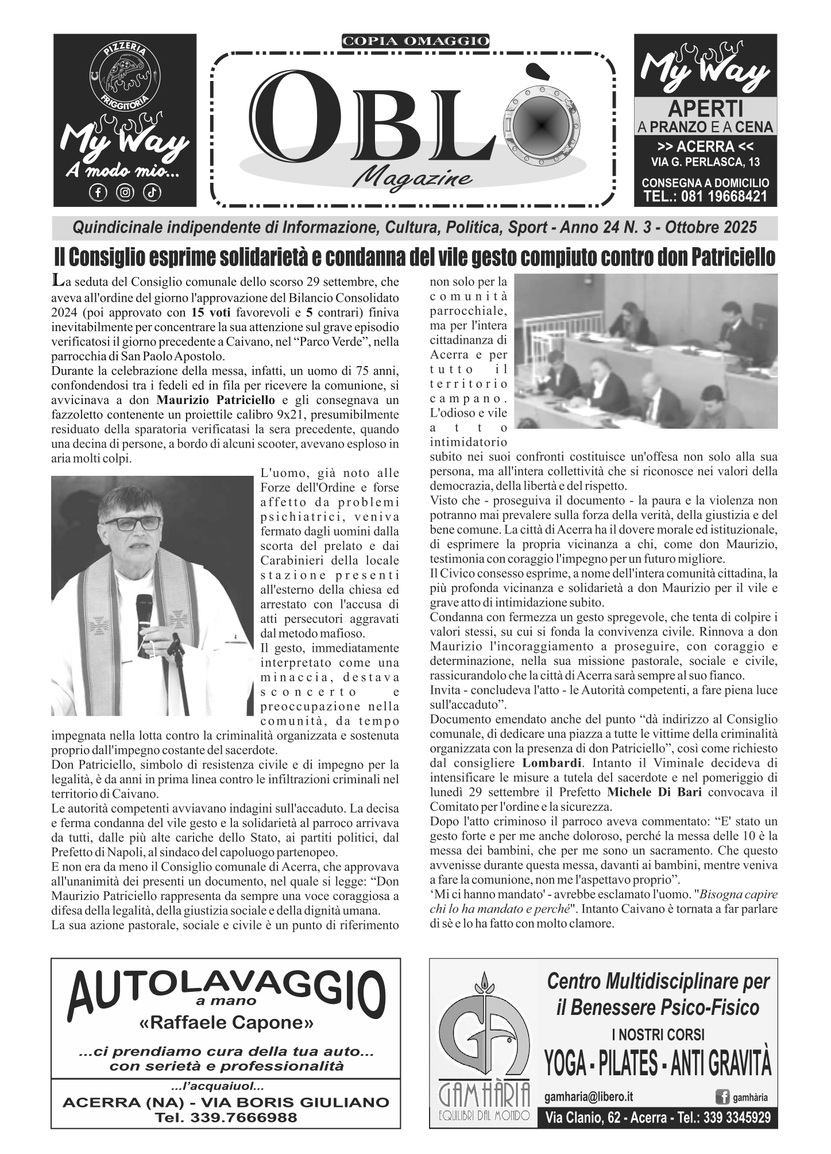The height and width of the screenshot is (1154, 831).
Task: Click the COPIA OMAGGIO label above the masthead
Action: tap(415, 41)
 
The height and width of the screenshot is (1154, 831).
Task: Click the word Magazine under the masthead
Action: tap(413, 178)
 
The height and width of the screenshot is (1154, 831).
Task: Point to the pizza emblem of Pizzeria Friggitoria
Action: tap(125, 74)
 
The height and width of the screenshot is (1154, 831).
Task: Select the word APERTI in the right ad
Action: tap(706, 108)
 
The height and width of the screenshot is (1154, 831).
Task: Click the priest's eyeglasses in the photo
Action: tap(134, 524)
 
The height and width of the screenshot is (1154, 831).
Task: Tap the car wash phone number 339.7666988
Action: tap(226, 1117)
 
